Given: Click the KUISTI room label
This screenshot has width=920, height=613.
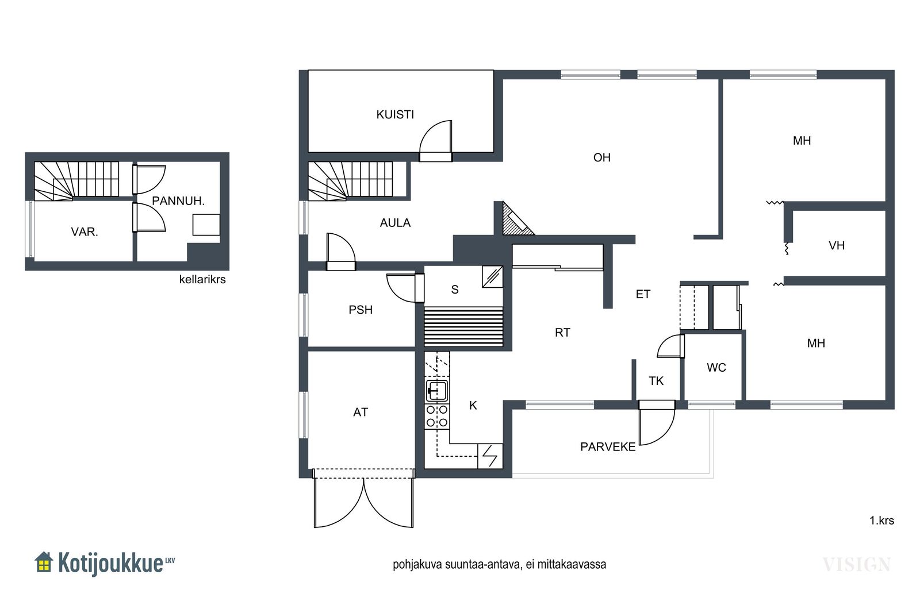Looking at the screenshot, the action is coord(395,114).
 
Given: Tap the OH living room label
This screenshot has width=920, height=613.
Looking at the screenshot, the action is coord(601,157).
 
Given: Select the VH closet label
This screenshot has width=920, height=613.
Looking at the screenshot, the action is coord(837,246).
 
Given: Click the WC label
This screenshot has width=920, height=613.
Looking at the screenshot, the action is coord(716,368).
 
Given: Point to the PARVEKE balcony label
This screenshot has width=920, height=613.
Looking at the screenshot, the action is coord(608,447).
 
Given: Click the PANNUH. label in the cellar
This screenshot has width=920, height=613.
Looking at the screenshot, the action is coord(178,201).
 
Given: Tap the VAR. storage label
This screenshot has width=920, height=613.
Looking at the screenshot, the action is coord(85,232).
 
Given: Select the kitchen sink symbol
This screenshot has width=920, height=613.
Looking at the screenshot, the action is coord(436,391).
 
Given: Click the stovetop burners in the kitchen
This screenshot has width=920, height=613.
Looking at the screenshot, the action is coord(436,415).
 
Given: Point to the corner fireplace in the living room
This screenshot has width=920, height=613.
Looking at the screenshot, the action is coord(515,221).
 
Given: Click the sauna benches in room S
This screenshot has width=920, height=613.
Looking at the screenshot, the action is coord(463,326).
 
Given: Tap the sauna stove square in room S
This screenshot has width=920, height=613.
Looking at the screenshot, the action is coord(492,277).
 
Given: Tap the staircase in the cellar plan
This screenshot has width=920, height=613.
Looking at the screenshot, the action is coord(76,181).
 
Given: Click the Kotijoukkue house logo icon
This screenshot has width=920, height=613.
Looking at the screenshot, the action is coord(44,562).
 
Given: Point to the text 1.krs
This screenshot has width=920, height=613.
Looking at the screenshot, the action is coord(881,521).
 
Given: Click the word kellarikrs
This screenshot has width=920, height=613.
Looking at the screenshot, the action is coord(202,280).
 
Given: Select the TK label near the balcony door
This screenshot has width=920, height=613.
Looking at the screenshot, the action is coord(656,381).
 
